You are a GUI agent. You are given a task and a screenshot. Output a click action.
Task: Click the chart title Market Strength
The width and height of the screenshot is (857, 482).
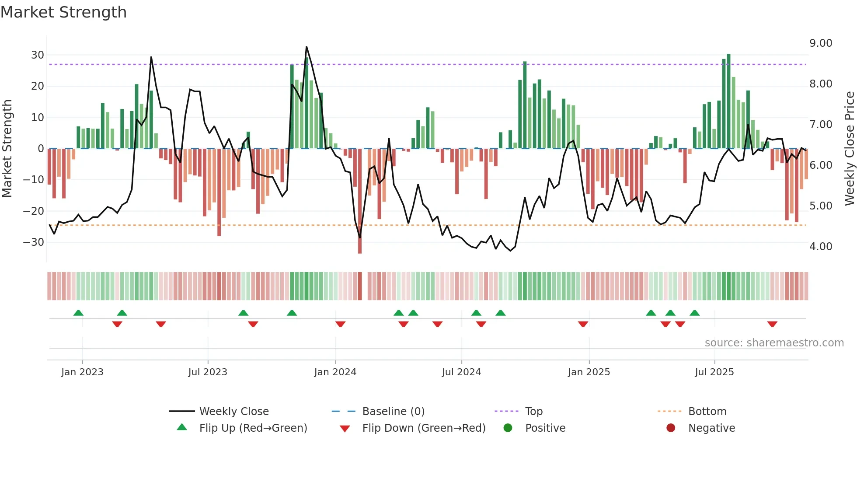point(64,12)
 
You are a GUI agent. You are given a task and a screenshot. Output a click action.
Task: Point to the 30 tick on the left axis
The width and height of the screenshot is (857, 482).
point(38,55)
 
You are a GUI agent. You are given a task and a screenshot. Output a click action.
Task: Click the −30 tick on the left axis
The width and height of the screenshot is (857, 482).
point(34,242)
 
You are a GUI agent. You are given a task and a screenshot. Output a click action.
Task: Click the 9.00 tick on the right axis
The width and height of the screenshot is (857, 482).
point(821,43)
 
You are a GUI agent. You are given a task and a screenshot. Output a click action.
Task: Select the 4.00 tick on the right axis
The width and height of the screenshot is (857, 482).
point(821,247)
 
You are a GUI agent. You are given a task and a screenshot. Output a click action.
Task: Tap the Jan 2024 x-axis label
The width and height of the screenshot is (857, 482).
point(335,372)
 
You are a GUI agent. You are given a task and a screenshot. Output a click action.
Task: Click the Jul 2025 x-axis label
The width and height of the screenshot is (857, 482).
point(714,372)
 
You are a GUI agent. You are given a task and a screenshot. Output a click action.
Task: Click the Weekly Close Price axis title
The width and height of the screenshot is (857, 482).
point(849,149)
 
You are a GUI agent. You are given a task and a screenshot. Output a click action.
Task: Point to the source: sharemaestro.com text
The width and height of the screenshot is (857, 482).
point(774,343)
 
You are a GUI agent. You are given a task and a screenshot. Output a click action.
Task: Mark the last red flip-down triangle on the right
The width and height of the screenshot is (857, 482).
point(772,324)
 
